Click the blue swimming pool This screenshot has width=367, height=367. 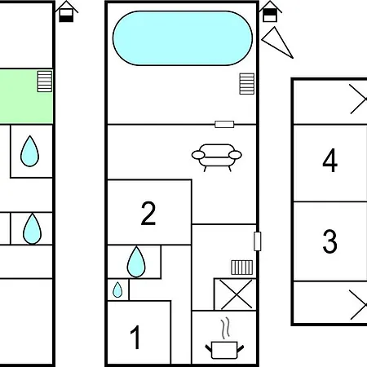pyautogui.click(x=183, y=38)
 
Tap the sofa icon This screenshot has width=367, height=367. pyautogui.click(x=217, y=157)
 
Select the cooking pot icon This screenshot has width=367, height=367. pyautogui.click(x=224, y=351)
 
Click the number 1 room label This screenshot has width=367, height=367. pyautogui.click(x=135, y=337)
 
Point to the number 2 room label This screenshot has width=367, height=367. pyautogui.click(x=148, y=213)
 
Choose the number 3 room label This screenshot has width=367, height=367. pyautogui.click(x=329, y=241)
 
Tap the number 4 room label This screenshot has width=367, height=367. pyautogui.click(x=330, y=161)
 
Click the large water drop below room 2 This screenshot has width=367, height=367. pyautogui.click(x=136, y=262)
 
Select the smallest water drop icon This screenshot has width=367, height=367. pyautogui.click(x=117, y=290)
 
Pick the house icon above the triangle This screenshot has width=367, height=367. pyautogui.click(x=270, y=11)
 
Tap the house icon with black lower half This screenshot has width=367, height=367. pyautogui.click(x=66, y=11)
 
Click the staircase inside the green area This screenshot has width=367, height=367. pyautogui.click(x=45, y=82)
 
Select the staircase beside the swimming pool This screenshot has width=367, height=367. pyautogui.click(x=247, y=84)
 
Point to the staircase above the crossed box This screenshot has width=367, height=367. pyautogui.click(x=242, y=268)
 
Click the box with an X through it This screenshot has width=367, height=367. pyautogui.click(x=236, y=294)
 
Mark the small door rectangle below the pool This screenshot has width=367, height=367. pyautogui.click(x=224, y=124)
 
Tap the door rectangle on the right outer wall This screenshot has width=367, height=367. pyautogui.click(x=257, y=241)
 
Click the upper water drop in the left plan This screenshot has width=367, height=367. pyautogui.click(x=29, y=151)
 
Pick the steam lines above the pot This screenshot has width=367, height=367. pyautogui.click(x=225, y=329)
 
